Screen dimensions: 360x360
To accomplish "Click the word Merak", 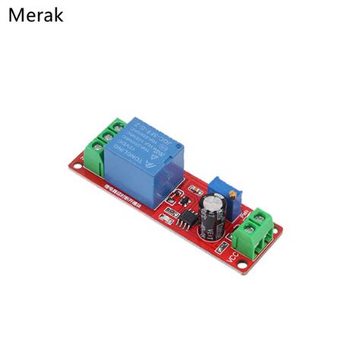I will (36, 14).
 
